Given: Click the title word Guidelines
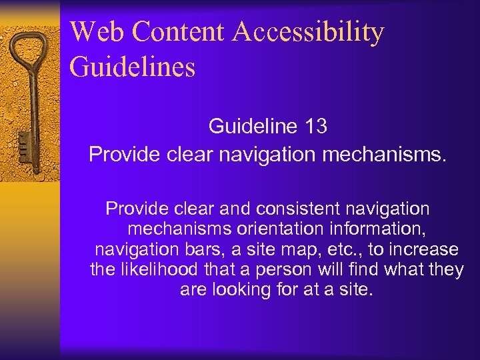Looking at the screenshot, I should tap(132, 67).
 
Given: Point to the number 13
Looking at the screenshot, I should tap(314, 126).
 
